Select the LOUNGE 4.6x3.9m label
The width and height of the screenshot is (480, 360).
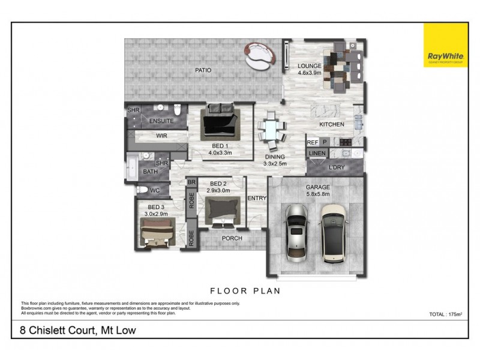[x=310, y=69]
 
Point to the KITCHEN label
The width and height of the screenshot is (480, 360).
[x=331, y=124]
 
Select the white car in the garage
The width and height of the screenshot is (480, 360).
[x=334, y=233]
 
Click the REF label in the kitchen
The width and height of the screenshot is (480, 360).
[x=312, y=143]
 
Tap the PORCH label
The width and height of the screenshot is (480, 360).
[x=232, y=238]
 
